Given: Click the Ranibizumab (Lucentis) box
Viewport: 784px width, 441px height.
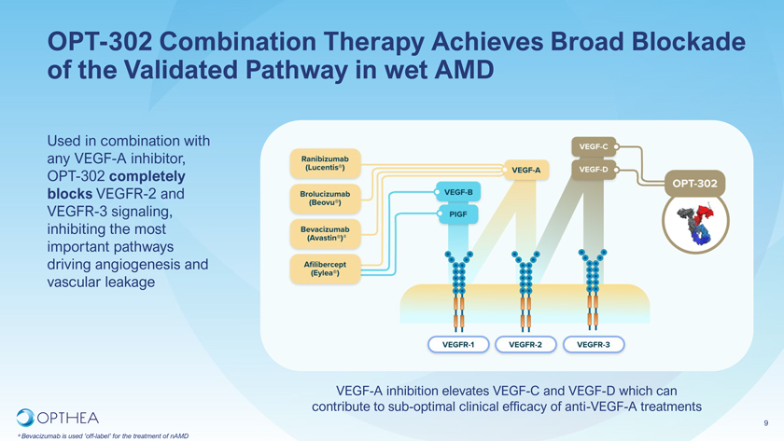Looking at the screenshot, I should coord(325,162).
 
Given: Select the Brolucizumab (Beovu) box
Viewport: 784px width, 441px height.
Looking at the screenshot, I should coord(325,197).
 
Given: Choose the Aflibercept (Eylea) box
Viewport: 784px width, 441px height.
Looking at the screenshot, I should coord(325,269).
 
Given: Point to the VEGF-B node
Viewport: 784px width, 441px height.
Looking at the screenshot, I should coord(457,192).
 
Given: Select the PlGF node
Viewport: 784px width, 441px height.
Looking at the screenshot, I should coord(457,214).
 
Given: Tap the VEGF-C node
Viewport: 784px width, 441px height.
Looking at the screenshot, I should coord(594,146).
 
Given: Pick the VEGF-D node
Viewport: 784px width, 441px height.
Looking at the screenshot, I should coord(594,170).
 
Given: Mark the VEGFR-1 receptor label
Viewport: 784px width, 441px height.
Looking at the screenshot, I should coord(459,345).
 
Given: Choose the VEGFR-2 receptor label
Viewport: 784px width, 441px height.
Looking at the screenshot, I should coord(525,345).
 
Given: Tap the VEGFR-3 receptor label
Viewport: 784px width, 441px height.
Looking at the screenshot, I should coord(594,345).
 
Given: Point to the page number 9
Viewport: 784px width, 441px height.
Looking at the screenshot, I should coord(765,420).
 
